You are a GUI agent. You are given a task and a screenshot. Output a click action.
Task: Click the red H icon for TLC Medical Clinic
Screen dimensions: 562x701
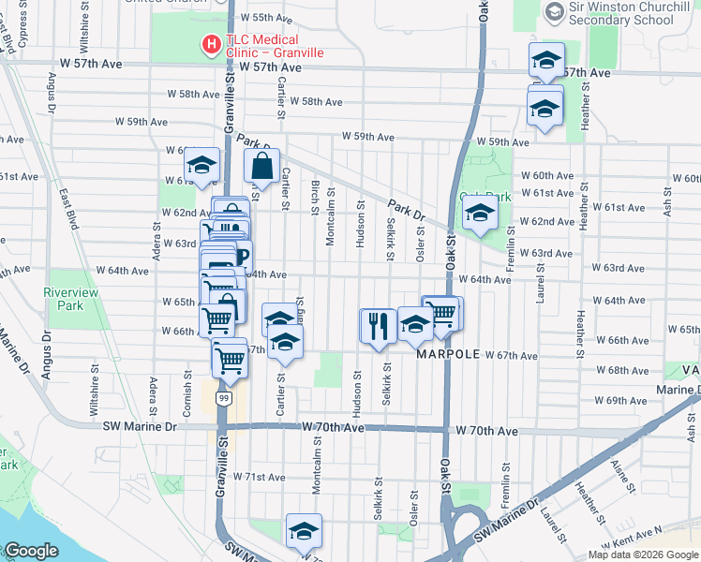(212, 43)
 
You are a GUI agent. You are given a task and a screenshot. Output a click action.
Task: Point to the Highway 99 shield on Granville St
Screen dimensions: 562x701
(223, 398)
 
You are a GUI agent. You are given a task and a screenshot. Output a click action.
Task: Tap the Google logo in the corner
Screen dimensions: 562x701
(31, 550)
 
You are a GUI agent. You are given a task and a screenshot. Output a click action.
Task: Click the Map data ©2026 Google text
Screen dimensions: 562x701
(642, 554)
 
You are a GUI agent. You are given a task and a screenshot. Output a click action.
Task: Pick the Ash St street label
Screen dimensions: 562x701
(666, 200)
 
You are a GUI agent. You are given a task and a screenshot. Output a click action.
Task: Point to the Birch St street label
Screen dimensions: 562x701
(316, 195)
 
